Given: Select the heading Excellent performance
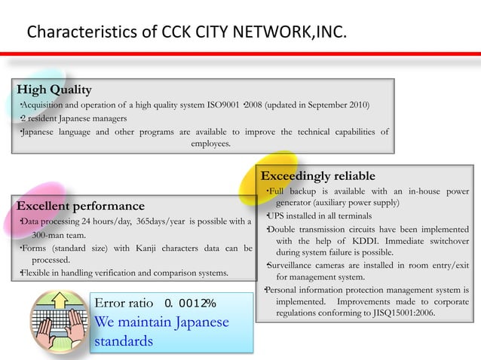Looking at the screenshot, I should (x=81, y=206).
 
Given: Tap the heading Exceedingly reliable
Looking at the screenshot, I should (x=317, y=176).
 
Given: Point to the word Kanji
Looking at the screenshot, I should (x=153, y=247).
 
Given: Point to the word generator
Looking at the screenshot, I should (x=299, y=203).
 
